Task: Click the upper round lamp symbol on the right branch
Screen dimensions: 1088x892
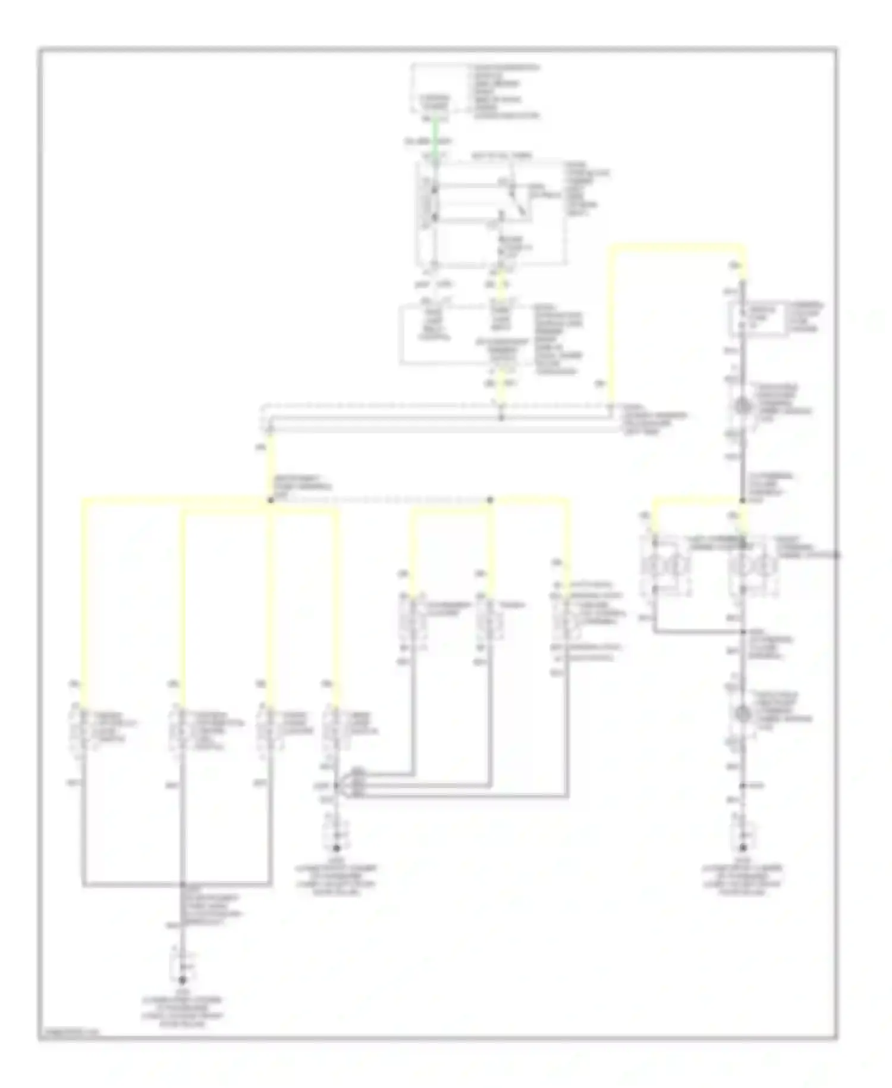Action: pos(742,407)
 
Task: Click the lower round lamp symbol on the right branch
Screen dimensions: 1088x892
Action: pos(742,713)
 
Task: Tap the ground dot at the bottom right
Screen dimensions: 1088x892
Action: pos(742,848)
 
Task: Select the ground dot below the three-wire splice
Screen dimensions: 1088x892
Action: pos(336,848)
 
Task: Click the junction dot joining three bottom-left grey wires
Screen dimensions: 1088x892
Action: pos(183,884)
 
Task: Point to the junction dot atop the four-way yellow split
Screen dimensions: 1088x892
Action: pos(271,500)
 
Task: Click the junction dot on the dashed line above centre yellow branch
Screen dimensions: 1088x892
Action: pos(490,500)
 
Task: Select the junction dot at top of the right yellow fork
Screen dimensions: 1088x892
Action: pos(742,500)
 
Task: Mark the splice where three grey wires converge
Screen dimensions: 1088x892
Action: pos(337,786)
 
